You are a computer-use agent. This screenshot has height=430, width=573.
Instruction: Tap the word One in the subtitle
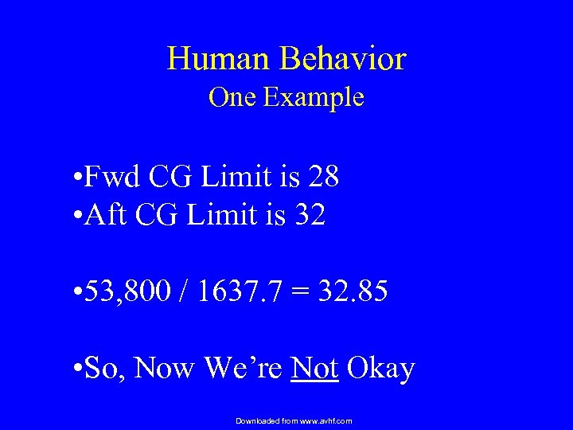[x=232, y=98]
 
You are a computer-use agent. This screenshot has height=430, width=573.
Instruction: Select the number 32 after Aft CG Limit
[x=310, y=215]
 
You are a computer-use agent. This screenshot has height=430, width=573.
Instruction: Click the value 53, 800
[x=124, y=291]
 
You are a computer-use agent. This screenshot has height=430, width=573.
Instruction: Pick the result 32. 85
[x=352, y=291]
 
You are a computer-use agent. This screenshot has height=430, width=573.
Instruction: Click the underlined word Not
[x=316, y=369]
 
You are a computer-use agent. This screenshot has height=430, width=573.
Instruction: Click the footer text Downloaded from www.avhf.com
[x=294, y=420]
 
